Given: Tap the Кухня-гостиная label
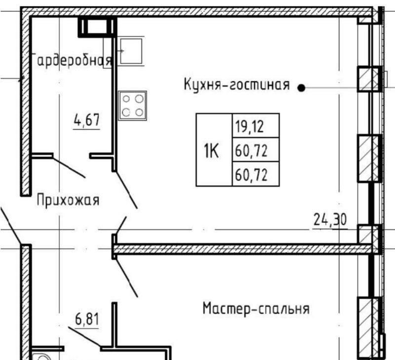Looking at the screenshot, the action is click(x=237, y=84).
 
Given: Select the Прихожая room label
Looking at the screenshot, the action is click(x=68, y=201).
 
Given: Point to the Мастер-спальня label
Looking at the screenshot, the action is click(x=256, y=309).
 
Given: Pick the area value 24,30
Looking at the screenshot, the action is click(x=330, y=219).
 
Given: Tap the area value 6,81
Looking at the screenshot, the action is click(x=87, y=319).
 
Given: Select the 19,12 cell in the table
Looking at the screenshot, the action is click(x=255, y=126).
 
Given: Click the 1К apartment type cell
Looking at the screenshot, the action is click(x=214, y=150).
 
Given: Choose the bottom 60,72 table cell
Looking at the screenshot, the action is click(x=255, y=174).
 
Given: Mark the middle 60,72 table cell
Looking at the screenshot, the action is click(x=255, y=150).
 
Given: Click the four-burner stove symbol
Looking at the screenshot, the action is click(x=132, y=106).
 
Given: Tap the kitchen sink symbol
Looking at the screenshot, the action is click(x=131, y=51).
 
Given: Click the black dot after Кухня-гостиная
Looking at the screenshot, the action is click(x=301, y=88).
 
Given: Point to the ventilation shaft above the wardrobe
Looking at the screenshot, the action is click(x=97, y=27).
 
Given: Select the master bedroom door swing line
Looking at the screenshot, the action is click(x=127, y=277).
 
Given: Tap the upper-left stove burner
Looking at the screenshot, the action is click(x=126, y=99).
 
